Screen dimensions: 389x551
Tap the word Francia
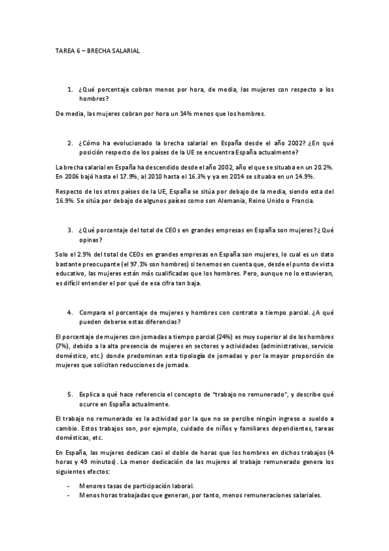pyautogui.click(x=300, y=201)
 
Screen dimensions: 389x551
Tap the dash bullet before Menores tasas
pyautogui.click(x=69, y=485)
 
